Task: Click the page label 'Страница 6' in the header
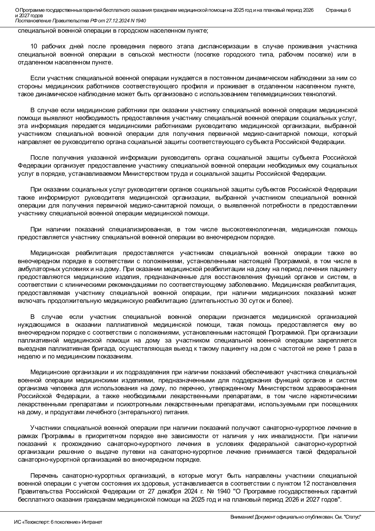point(338,10)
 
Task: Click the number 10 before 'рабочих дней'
point(34,47)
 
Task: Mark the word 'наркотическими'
point(336,396)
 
